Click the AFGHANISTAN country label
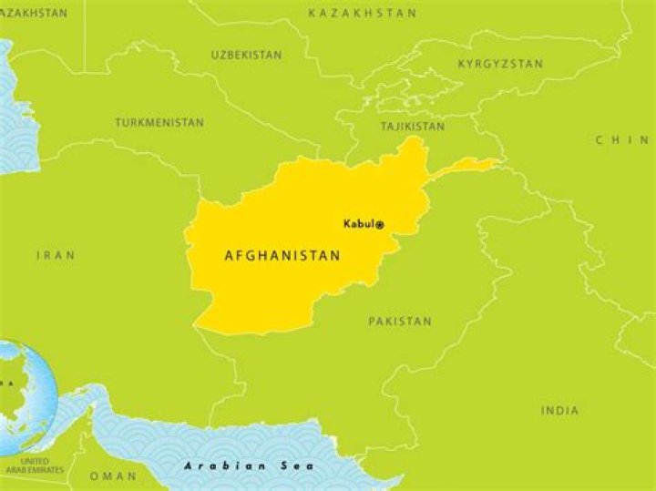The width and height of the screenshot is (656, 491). [x=282, y=257]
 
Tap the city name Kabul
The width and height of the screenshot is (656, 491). [x=358, y=224]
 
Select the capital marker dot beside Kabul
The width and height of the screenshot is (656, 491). [x=380, y=225]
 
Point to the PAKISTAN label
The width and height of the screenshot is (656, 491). [x=400, y=322]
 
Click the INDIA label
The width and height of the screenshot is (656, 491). [x=559, y=411]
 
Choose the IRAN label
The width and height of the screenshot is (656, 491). [x=56, y=256]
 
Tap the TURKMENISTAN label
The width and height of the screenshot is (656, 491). [x=159, y=122]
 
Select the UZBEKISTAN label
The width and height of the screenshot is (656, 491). [x=247, y=56]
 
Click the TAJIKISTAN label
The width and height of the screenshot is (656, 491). [x=413, y=127]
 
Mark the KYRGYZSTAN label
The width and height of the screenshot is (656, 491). [x=500, y=64]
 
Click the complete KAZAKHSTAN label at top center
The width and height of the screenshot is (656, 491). [x=363, y=14]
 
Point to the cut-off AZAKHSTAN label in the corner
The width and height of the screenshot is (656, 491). [x=34, y=14]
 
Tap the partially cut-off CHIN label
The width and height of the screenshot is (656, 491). [x=622, y=140]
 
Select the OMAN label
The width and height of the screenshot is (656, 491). [x=113, y=476]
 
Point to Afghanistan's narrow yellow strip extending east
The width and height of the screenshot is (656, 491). [x=465, y=167]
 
